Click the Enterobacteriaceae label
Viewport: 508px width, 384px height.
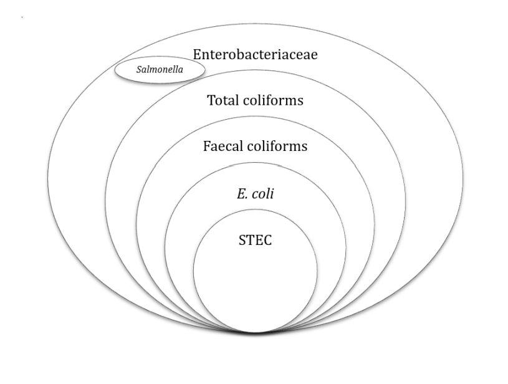tap(255, 54)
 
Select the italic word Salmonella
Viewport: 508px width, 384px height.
tap(160, 70)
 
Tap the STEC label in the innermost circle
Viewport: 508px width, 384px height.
tap(256, 241)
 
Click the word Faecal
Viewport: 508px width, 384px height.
tap(223, 147)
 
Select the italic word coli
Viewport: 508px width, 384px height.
tap(263, 194)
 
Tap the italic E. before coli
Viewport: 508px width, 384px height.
tap(241, 194)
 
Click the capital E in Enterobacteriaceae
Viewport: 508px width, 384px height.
tap(197, 54)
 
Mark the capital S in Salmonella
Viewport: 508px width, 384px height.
tap(138, 70)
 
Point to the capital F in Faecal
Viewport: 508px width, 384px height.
tap(207, 147)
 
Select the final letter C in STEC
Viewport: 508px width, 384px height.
tap(268, 241)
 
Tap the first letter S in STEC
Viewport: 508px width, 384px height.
tap(242, 241)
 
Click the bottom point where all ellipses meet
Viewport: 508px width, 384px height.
tap(255, 332)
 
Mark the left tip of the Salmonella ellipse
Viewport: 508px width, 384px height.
tap(114, 70)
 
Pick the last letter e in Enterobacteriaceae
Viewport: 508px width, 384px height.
tap(315, 55)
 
